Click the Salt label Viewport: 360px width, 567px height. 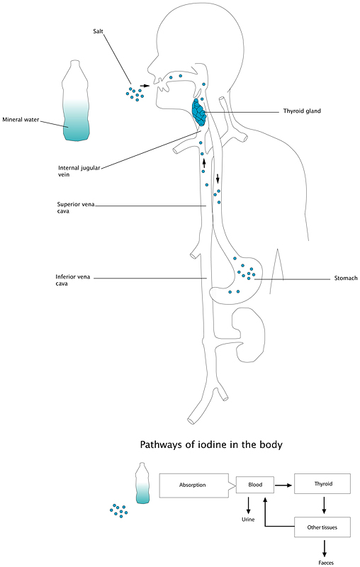click(x=98, y=31)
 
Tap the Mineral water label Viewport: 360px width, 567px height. click(x=21, y=120)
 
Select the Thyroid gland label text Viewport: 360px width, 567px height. click(x=302, y=111)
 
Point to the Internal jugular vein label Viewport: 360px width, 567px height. click(x=79, y=171)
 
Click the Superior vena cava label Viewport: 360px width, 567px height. click(x=76, y=208)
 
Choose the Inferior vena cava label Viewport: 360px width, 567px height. click(x=73, y=280)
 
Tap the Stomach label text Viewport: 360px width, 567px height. click(x=346, y=278)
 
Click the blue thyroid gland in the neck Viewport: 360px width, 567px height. click(x=199, y=113)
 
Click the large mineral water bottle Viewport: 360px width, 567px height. click(x=76, y=101)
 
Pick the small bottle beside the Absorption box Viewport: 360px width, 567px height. click(x=142, y=483)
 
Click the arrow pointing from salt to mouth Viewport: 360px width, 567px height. click(x=145, y=86)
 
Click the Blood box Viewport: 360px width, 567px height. click(x=255, y=485)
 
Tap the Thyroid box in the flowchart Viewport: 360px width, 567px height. click(x=322, y=484)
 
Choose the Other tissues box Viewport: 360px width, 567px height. click(x=322, y=527)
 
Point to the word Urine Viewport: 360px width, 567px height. click(x=248, y=520)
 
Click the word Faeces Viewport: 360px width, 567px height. click(x=326, y=563)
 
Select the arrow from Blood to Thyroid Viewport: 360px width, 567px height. click(x=283, y=485)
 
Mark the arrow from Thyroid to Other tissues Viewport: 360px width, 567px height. click(x=325, y=505)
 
